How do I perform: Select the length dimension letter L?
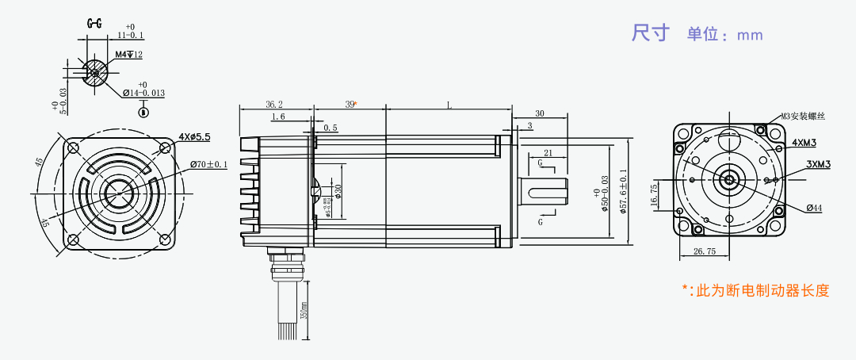[x=449, y=104]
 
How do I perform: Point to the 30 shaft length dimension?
[x=540, y=113]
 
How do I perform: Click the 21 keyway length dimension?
[x=548, y=152]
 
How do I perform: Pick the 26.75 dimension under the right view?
[x=705, y=251]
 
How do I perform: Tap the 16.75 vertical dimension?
[x=653, y=195]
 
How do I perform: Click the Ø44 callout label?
[x=814, y=208]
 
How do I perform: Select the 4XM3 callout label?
[x=805, y=143]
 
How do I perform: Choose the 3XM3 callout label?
[x=817, y=164]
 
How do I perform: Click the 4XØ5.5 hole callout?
[x=194, y=136]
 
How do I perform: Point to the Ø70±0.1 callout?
[x=208, y=165]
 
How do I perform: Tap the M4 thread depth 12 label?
[x=128, y=55]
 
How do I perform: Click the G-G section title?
[x=94, y=24]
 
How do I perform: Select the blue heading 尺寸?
[x=651, y=33]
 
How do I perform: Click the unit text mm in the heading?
[x=749, y=35]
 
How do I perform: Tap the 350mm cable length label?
[x=304, y=311]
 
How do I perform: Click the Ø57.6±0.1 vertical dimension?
[x=623, y=190]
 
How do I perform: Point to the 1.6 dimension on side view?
[x=278, y=117]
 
